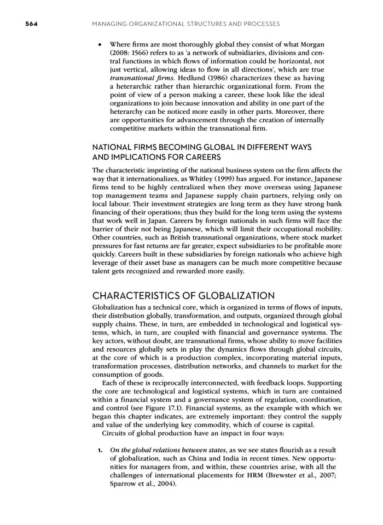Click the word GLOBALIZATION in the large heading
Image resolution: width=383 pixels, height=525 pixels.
[x=231, y=295]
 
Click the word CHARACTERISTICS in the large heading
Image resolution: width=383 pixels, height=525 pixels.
[x=139, y=295]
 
